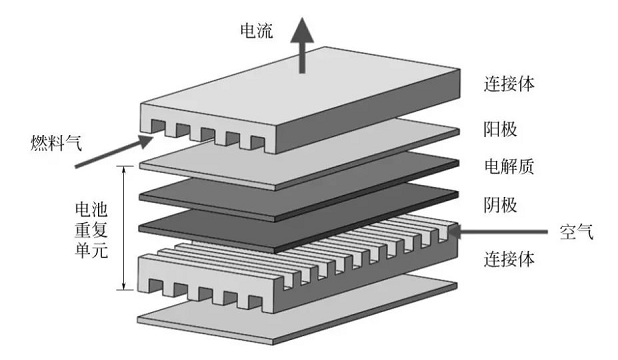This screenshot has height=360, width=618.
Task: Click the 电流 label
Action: pos(257,30)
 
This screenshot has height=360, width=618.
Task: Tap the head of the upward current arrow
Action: pos(302,30)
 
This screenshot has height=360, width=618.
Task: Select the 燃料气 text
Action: pos(56,142)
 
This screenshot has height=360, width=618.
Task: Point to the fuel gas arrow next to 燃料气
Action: pos(114,151)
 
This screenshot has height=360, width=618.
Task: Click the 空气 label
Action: pos(576,232)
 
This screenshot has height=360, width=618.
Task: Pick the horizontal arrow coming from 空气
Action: pos(498,231)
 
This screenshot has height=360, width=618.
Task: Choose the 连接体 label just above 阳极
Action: pos(509,84)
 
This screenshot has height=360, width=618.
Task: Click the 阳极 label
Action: pos(500,129)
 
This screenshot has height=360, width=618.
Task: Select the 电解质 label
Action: pos(509,166)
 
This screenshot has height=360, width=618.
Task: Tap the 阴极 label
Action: pos(500,205)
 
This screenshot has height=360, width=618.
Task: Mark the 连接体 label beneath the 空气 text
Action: pos(509,259)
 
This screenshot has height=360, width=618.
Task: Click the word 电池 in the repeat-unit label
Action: pos(91,209)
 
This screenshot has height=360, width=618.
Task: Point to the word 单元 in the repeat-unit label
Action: pos(91,250)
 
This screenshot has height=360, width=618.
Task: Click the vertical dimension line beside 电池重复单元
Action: pos(124,228)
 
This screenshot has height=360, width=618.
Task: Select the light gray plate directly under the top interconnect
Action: pos(300,155)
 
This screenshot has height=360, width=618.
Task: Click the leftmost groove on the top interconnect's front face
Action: pos(158,127)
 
